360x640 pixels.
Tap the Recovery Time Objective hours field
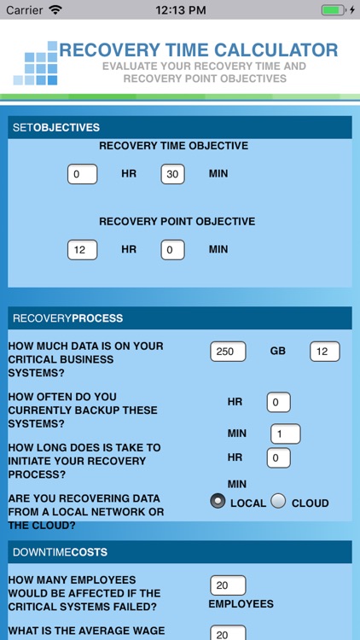click(82, 174)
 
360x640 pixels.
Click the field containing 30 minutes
click(173, 174)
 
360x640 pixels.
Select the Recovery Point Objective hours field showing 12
click(82, 250)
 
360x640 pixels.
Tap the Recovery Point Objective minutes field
click(173, 250)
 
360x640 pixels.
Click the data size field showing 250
click(228, 352)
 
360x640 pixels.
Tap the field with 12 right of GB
click(324, 352)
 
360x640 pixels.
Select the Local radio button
click(218, 502)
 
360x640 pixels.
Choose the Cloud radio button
click(279, 502)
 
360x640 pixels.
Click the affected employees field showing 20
click(228, 585)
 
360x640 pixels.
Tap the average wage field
click(228, 634)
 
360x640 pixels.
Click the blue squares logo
click(35, 64)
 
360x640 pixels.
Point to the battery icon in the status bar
click(333, 10)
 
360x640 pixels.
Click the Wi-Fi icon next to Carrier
click(55, 10)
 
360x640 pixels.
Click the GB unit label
click(277, 352)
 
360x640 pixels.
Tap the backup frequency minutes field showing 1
click(285, 434)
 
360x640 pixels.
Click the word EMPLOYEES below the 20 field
click(241, 604)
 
